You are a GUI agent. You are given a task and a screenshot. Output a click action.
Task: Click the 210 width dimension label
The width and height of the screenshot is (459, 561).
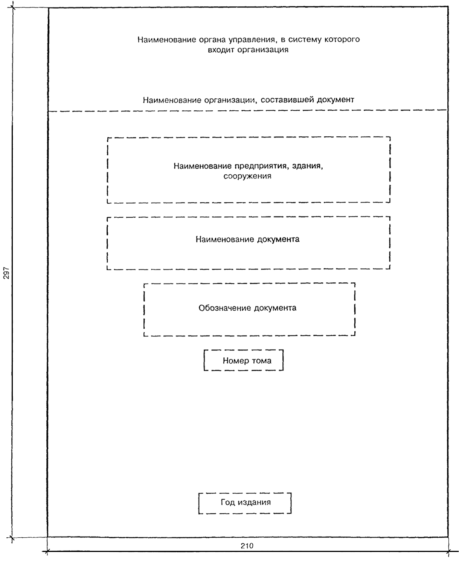[247, 546]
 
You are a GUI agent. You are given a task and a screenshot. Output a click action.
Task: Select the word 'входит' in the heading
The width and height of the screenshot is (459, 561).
[220, 50]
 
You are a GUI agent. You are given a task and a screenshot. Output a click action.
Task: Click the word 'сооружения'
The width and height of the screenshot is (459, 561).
[247, 176]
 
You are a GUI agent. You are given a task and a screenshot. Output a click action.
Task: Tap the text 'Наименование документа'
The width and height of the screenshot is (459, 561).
[247, 239]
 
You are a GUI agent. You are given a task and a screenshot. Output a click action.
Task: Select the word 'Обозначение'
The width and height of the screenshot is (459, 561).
[225, 308]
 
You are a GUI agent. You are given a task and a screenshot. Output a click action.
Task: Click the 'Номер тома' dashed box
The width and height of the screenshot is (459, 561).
[244, 360]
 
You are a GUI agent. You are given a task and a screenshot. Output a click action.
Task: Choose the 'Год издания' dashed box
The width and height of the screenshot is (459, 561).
[245, 503]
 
